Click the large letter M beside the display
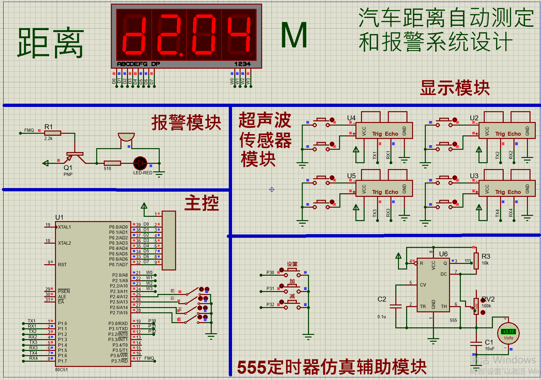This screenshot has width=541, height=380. (x=294, y=35)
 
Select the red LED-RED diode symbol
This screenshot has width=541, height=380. (x=140, y=163)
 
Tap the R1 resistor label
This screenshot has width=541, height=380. (x=48, y=127)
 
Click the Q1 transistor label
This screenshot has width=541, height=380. (x=68, y=168)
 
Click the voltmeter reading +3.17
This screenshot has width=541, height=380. (x=508, y=332)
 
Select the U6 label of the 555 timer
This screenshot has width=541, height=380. (x=443, y=254)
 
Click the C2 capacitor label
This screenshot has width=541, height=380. (x=382, y=299)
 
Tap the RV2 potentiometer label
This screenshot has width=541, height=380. (x=488, y=299)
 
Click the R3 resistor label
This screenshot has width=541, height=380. (x=486, y=256)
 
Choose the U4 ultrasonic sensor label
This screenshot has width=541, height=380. (x=351, y=118)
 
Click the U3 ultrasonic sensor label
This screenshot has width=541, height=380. (x=474, y=176)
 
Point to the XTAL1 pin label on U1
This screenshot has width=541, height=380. (x=64, y=227)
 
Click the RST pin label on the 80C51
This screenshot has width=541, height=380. (x=62, y=265)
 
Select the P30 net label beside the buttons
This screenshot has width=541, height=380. (x=270, y=272)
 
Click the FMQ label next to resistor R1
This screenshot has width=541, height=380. (x=29, y=130)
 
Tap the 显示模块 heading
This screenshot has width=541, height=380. (x=455, y=88)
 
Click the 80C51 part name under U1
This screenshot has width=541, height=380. (x=62, y=370)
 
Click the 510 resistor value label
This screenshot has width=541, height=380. (x=107, y=169)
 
